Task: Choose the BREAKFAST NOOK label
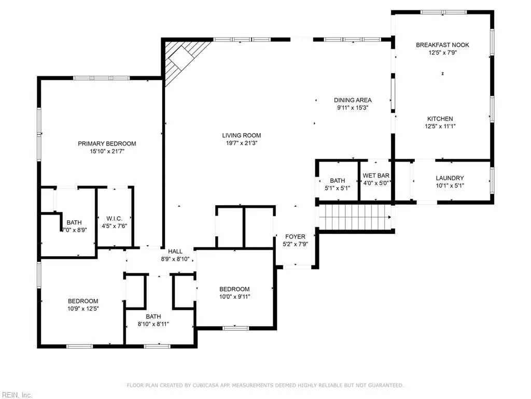(443, 45)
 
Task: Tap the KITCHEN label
(440, 118)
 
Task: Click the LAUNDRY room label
(450, 178)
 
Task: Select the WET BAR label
(376, 176)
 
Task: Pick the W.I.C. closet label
(114, 218)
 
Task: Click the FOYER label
(295, 236)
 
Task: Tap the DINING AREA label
(353, 100)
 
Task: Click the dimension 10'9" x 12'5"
(83, 309)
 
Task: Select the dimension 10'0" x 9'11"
(234, 297)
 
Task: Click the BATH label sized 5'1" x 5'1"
(337, 180)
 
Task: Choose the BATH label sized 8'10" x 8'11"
(153, 316)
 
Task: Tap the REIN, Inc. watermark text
(17, 395)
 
